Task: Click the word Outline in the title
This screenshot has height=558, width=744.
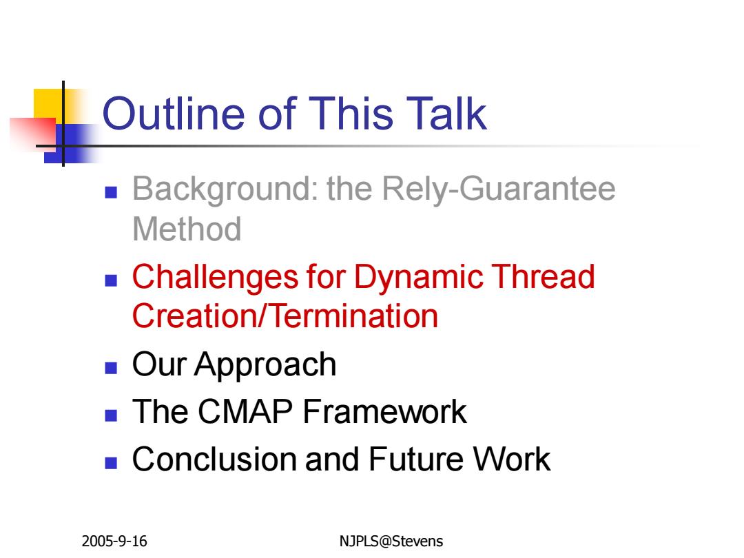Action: coord(173,114)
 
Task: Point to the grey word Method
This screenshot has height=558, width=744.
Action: coord(187,229)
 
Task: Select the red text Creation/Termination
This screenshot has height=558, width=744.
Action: coord(285,316)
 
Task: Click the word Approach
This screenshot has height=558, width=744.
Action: coord(265,366)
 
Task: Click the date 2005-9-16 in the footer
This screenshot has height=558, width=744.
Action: coord(114,541)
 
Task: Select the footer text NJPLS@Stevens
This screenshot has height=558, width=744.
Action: coord(391,541)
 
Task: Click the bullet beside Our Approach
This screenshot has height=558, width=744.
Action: coord(111,368)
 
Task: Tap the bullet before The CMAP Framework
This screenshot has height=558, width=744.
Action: coord(111,415)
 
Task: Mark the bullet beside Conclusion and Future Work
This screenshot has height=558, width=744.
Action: coord(111,463)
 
